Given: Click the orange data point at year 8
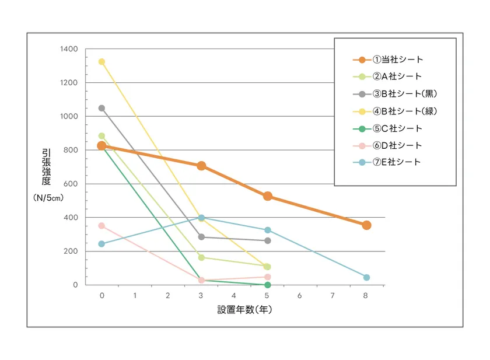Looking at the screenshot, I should [x=366, y=225].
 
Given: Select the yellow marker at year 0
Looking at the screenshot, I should [x=102, y=62].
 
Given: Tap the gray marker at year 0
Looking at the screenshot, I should [x=102, y=108].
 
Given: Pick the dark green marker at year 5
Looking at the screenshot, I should [x=267, y=285].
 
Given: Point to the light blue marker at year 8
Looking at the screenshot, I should [x=366, y=277].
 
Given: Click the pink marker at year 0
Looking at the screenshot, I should [x=102, y=226].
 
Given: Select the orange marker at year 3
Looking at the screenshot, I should [x=201, y=166].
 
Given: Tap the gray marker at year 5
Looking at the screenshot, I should [x=267, y=240].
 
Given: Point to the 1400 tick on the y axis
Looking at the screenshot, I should [x=69, y=49].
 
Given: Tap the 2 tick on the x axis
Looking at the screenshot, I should [x=168, y=296].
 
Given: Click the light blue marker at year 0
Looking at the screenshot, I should [x=102, y=244].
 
